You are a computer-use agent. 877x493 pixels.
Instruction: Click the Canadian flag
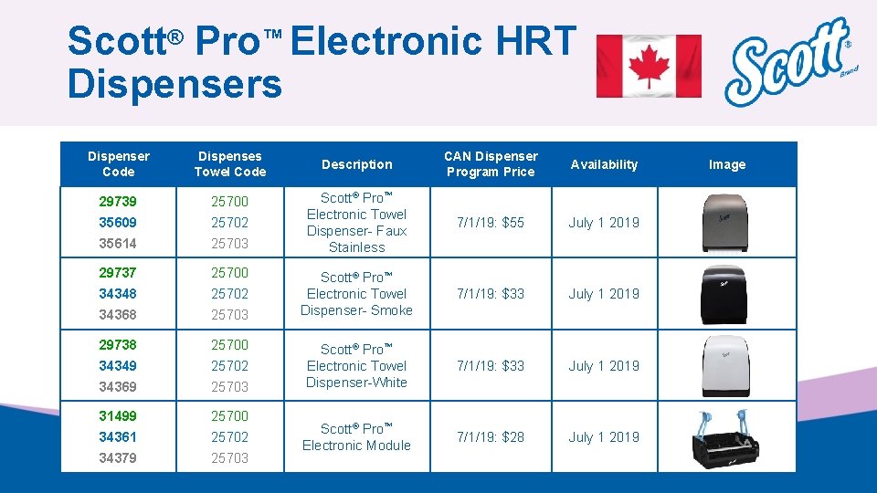pyautogui.click(x=649, y=66)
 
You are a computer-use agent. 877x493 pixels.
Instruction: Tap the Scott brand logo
pyautogui.click(x=789, y=62)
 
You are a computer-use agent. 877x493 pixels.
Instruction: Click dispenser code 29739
pyautogui.click(x=118, y=201)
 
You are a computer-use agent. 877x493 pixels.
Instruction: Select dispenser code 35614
pyautogui.click(x=118, y=244)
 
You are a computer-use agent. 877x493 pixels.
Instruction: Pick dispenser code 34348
pyautogui.click(x=118, y=294)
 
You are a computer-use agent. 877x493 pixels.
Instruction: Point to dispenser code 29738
pyautogui.click(x=118, y=345)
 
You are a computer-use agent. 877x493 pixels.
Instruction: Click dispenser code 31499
pyautogui.click(x=118, y=416)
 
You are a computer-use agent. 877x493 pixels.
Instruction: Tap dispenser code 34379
pyautogui.click(x=118, y=458)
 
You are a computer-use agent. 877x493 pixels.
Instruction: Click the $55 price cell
pyautogui.click(x=491, y=223)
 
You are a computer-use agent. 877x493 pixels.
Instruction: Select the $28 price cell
pyautogui.click(x=491, y=437)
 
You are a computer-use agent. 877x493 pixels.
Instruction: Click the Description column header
pyautogui.click(x=356, y=164)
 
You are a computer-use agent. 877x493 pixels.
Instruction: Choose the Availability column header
pyautogui.click(x=604, y=164)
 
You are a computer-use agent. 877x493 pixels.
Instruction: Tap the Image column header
pyautogui.click(x=727, y=164)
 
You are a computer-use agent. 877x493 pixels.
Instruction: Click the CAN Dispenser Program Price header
pyautogui.click(x=491, y=164)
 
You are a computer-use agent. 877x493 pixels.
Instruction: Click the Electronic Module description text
pyautogui.click(x=356, y=437)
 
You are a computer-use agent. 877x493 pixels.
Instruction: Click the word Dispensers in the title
pyautogui.click(x=174, y=84)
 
